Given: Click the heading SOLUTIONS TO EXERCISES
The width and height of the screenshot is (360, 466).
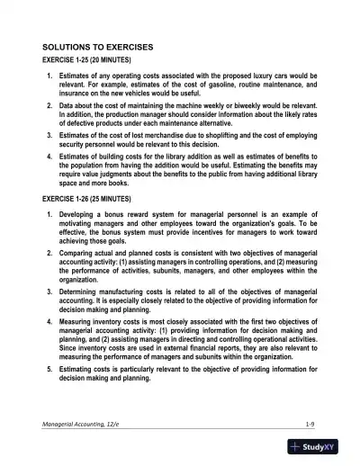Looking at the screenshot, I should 97,45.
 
